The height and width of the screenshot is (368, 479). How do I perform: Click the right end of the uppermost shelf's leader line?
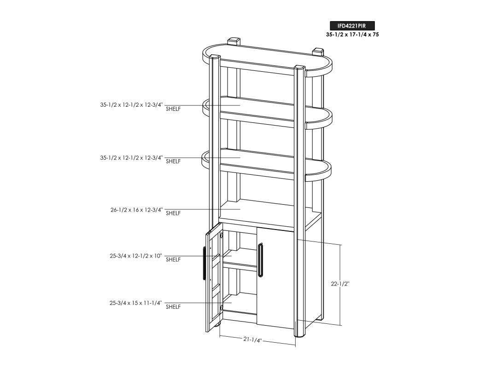(241, 105)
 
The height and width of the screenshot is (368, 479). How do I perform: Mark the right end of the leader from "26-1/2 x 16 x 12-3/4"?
(241, 209)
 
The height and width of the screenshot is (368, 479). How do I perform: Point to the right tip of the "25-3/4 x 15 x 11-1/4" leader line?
(232, 303)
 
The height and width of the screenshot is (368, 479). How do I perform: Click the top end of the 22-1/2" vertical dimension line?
(340, 244)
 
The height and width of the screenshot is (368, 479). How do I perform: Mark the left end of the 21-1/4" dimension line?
(220, 336)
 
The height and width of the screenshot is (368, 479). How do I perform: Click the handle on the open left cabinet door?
(204, 263)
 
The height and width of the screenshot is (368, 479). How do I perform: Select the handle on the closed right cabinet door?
(260, 260)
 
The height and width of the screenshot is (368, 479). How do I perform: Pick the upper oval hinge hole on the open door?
(222, 235)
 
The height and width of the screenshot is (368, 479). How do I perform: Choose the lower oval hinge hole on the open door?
(222, 307)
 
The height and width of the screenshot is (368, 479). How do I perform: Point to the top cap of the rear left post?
(234, 40)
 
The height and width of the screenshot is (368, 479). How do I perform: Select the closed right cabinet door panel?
(275, 278)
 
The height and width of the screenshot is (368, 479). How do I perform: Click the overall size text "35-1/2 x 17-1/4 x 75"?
(352, 35)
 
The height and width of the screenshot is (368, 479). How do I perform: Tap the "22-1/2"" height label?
(340, 284)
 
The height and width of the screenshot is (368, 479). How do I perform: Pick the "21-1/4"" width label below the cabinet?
(253, 339)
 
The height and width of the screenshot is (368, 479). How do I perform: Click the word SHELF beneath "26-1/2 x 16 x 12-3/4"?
(173, 213)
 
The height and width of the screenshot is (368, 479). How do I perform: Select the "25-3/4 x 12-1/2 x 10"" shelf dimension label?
(135, 256)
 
